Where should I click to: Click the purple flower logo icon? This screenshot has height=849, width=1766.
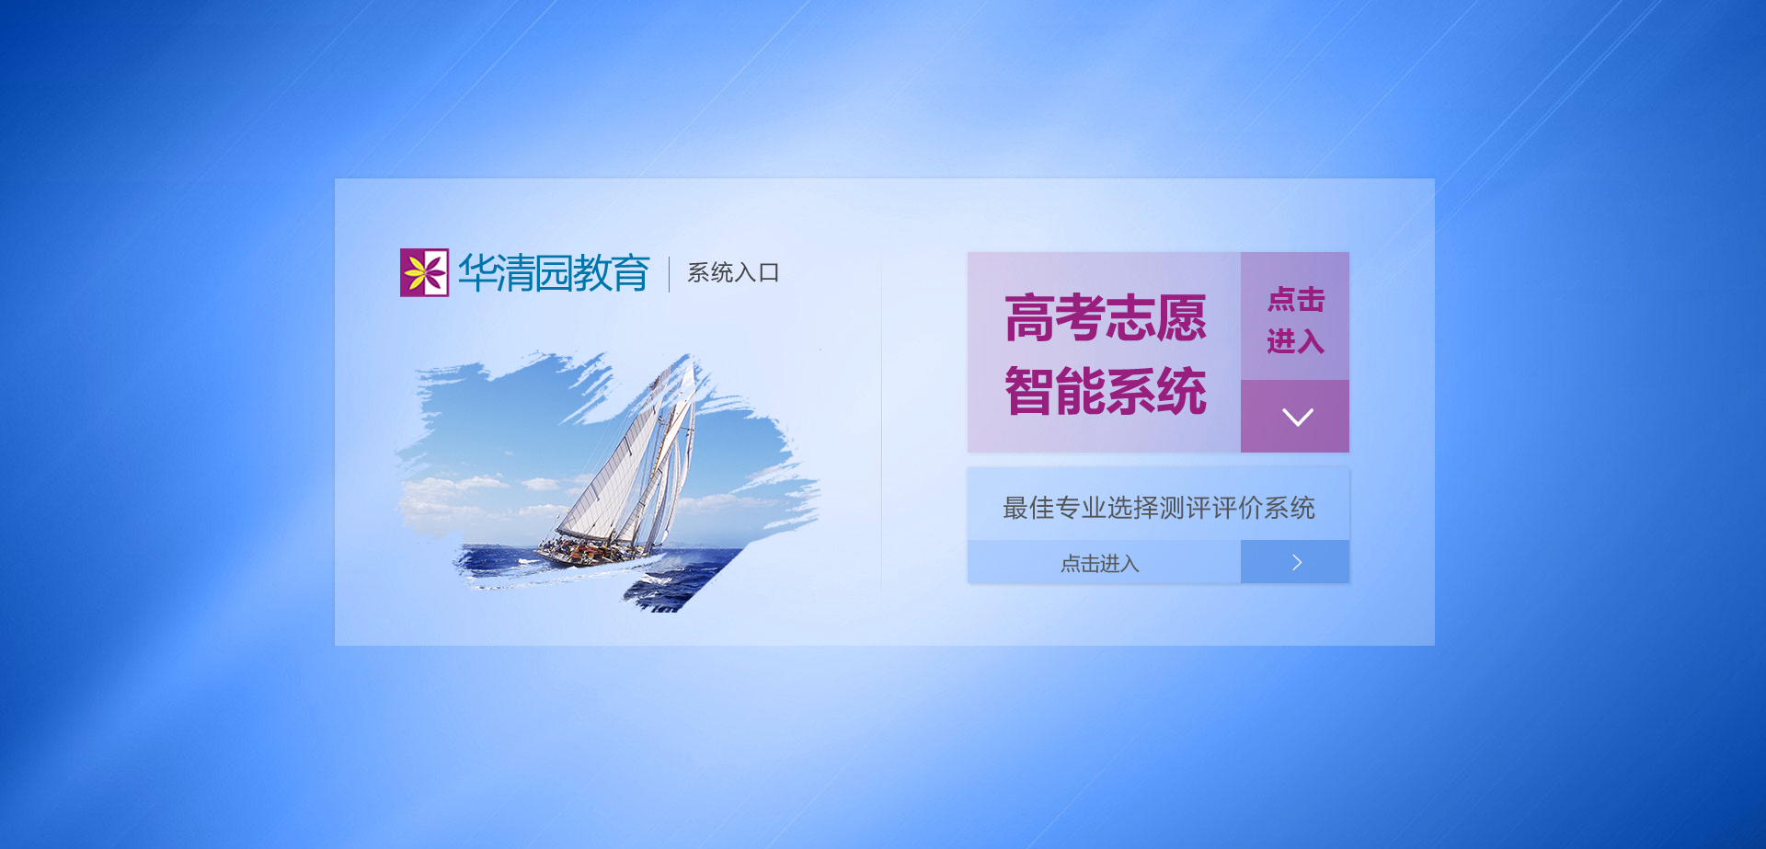(x=424, y=272)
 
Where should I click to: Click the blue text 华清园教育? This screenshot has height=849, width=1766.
(x=554, y=273)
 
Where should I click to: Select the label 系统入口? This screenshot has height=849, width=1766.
(x=733, y=273)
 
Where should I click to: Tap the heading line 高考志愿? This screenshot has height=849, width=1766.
(x=1105, y=318)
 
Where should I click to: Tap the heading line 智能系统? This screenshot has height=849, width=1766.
(x=1105, y=391)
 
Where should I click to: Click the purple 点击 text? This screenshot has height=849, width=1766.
(x=1296, y=299)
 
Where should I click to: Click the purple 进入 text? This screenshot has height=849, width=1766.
(x=1296, y=341)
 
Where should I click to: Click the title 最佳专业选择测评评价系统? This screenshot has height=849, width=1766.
(x=1159, y=508)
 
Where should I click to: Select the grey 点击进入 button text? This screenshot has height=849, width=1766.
(x=1100, y=563)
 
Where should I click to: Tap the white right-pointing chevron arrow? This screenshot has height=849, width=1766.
(x=1297, y=562)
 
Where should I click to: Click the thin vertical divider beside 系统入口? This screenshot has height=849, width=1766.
(x=669, y=273)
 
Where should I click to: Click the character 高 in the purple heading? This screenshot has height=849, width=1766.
(x=1029, y=318)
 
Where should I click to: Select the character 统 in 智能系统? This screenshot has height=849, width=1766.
(x=1181, y=391)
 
